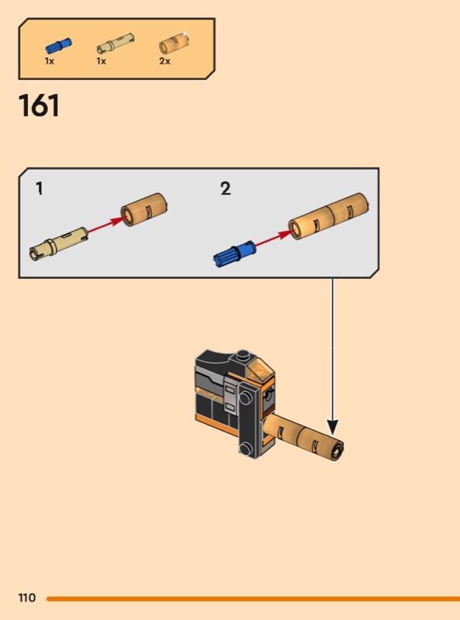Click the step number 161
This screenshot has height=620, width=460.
tap(39, 105)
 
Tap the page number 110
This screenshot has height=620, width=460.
tap(27, 598)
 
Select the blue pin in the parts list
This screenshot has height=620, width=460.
tap(59, 46)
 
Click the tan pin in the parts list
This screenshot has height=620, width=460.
tap(116, 44)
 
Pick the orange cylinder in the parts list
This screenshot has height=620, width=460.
tap(174, 43)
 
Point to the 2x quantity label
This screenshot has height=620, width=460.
tap(164, 61)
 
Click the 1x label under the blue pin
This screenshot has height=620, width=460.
tap(49, 61)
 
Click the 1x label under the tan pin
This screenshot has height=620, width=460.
tap(101, 61)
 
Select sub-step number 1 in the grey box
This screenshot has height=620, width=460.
tap(40, 188)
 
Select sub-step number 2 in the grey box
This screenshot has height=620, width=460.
tap(225, 188)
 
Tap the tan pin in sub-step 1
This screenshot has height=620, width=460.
tap(59, 243)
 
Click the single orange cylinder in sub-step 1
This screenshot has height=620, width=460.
tap(144, 209)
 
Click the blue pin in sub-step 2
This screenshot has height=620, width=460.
tap(234, 253)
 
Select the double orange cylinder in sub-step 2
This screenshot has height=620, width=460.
tap(328, 216)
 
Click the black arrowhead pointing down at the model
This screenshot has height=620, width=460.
tap(333, 428)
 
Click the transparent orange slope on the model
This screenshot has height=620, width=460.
tap(259, 370)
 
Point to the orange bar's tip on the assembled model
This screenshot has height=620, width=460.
tap(337, 449)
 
